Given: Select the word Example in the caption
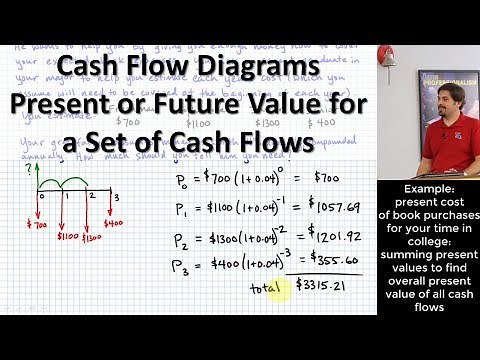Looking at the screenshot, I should pos(428,188).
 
